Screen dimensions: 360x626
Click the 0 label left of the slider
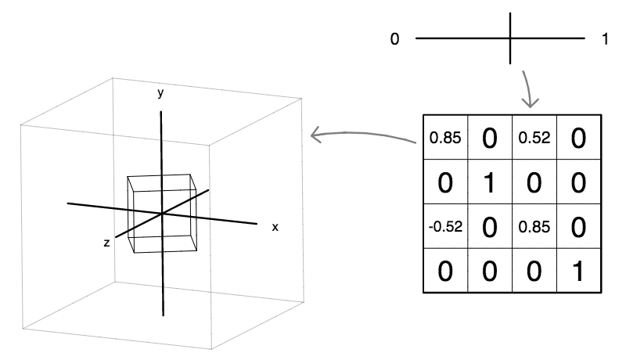pos(396,38)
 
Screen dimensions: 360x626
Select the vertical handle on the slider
pos(511,38)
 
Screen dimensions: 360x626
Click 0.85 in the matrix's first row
pos(445,139)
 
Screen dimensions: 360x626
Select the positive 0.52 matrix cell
pos(534,139)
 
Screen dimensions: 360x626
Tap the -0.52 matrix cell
pos(444,228)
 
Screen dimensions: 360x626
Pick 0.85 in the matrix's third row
pos(534,228)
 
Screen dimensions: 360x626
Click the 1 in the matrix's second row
pos(490,183)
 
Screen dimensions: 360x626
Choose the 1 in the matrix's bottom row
pos(578,272)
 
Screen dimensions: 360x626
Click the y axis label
pos(160,93)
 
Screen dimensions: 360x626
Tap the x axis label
pos(275,226)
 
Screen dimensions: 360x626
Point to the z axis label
pos(106,243)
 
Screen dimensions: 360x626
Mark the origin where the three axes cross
pos(161,214)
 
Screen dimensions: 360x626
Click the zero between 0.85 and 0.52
pos(490,139)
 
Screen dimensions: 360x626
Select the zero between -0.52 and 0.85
pos(490,228)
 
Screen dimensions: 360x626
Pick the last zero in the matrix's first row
pos(578,139)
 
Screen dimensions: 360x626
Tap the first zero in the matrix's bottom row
pos(445,272)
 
